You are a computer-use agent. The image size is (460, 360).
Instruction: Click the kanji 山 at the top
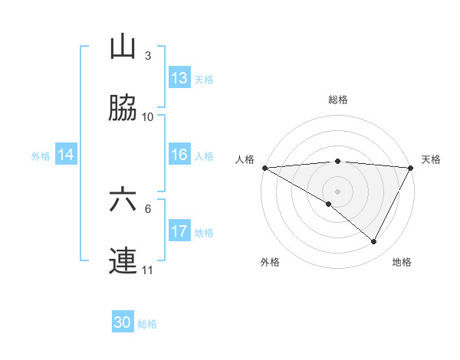click(x=123, y=47)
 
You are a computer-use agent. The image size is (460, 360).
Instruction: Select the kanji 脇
click(x=123, y=109)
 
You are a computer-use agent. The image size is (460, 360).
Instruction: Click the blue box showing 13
click(x=179, y=78)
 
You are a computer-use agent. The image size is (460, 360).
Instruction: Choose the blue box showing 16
click(x=179, y=155)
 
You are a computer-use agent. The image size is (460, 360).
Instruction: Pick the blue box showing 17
click(x=179, y=231)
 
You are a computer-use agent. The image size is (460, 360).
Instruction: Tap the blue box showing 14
click(x=66, y=155)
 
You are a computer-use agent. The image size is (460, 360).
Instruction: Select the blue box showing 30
click(x=123, y=322)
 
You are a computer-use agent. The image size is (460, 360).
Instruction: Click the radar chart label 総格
click(x=337, y=100)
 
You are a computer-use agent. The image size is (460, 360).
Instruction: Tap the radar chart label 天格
click(x=432, y=159)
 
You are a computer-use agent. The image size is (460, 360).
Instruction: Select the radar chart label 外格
click(x=270, y=262)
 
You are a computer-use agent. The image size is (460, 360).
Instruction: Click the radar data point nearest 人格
click(x=264, y=168)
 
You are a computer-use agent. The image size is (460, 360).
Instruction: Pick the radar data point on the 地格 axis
click(x=374, y=242)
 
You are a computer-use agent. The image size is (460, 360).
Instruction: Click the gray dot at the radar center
click(x=337, y=191)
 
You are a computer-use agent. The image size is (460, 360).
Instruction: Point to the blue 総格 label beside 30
click(x=148, y=323)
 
